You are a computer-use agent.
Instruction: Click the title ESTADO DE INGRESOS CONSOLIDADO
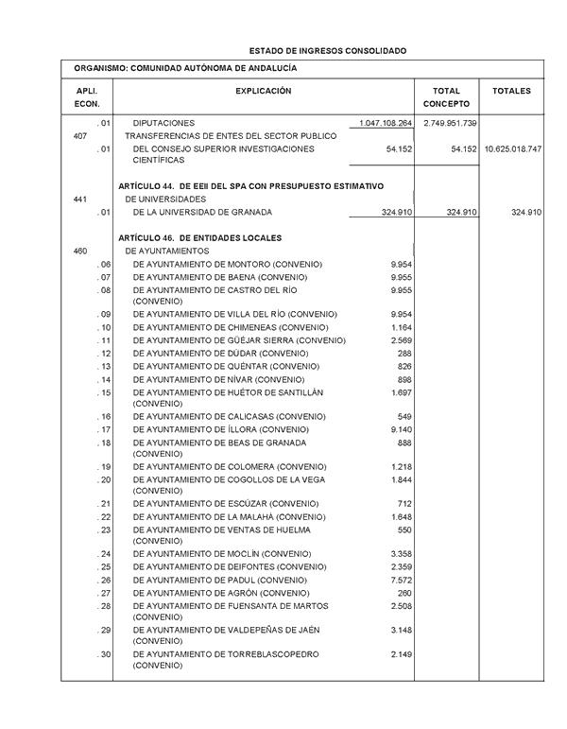pyautogui.click(x=327, y=49)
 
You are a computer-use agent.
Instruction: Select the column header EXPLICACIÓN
pyautogui.click(x=263, y=91)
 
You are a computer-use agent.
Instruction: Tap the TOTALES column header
pyautogui.click(x=511, y=91)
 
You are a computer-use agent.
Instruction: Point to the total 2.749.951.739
pyautogui.click(x=450, y=124)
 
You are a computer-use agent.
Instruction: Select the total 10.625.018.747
pyautogui.click(x=512, y=149)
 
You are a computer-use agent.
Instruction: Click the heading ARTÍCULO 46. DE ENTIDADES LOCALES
pyautogui.click(x=201, y=237)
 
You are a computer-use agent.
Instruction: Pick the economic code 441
pyautogui.click(x=80, y=200)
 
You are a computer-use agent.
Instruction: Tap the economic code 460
pyautogui.click(x=80, y=251)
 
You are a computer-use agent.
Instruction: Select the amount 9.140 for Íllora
pyautogui.click(x=401, y=430)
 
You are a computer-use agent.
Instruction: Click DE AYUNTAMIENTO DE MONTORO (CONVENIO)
pyautogui.click(x=227, y=264)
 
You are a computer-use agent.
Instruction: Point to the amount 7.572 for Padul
pyautogui.click(x=401, y=580)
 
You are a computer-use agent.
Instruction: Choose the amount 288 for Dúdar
pyautogui.click(x=405, y=353)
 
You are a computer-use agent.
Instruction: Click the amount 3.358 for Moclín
pyautogui.click(x=401, y=553)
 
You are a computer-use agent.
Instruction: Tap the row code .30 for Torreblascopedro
pyautogui.click(x=104, y=654)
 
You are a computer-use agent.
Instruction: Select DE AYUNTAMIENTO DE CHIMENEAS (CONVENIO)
pyautogui.click(x=231, y=327)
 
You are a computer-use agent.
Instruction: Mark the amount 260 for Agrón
pyautogui.click(x=405, y=593)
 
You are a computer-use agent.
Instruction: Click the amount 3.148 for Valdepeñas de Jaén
pyautogui.click(x=401, y=630)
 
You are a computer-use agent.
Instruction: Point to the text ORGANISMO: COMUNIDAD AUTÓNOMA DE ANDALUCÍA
pyautogui.click(x=185, y=69)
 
